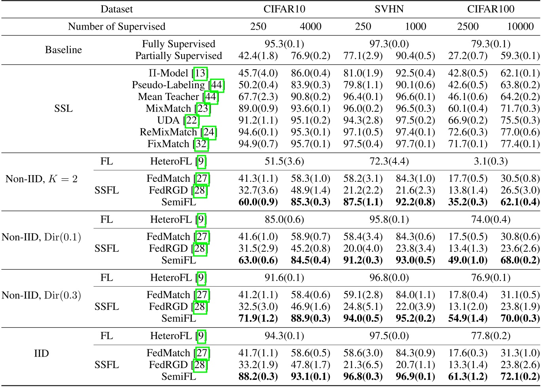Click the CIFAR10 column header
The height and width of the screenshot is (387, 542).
pos(284,9)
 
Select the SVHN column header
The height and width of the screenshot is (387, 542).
pos(389,9)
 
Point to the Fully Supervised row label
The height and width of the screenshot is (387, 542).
pos(178,44)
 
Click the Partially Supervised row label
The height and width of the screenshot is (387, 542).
pos(178,56)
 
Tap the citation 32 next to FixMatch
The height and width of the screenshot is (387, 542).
pos(201,144)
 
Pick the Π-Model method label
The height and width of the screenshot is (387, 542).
pos(174,73)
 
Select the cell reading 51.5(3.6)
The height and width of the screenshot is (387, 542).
pos(284,161)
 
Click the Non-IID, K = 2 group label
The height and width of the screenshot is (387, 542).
pos(42,179)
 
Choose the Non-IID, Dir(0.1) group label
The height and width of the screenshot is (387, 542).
pos(42,237)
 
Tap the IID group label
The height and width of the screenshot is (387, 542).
pos(42,353)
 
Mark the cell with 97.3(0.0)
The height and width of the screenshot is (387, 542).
pos(389,44)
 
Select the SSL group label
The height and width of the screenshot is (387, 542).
pos(63,108)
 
